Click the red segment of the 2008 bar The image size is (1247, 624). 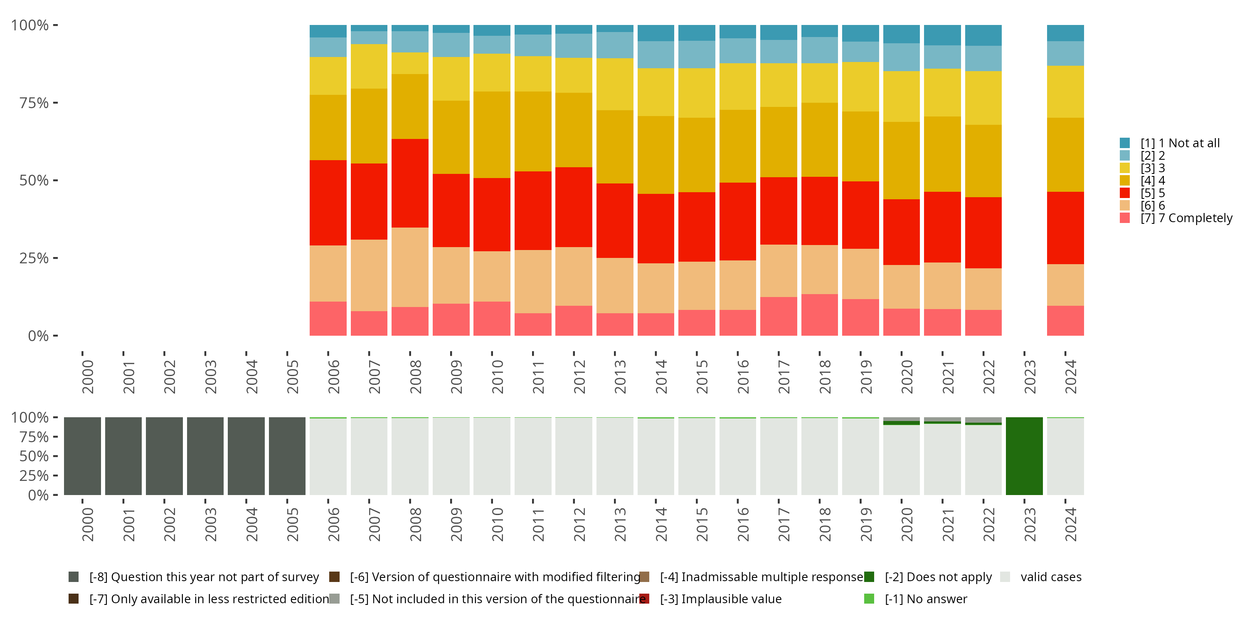point(409,183)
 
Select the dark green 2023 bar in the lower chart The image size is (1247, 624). point(1024,456)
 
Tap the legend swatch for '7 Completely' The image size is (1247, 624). point(1124,218)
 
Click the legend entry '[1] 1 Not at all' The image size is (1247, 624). point(1180,143)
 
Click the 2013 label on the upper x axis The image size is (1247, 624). point(620,377)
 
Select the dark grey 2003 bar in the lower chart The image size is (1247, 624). point(205,456)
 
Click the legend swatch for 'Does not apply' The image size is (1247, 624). point(869,577)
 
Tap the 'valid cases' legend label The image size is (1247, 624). point(1050,577)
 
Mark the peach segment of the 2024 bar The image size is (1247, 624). point(1065,285)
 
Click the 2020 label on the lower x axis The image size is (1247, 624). point(907,525)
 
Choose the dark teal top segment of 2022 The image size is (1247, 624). point(983,35)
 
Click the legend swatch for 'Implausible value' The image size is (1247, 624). point(644,599)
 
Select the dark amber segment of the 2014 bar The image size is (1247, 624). point(656,155)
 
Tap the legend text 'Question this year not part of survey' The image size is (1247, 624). point(204,577)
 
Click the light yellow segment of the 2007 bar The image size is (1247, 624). point(369,67)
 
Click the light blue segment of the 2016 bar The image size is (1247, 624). point(737,51)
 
